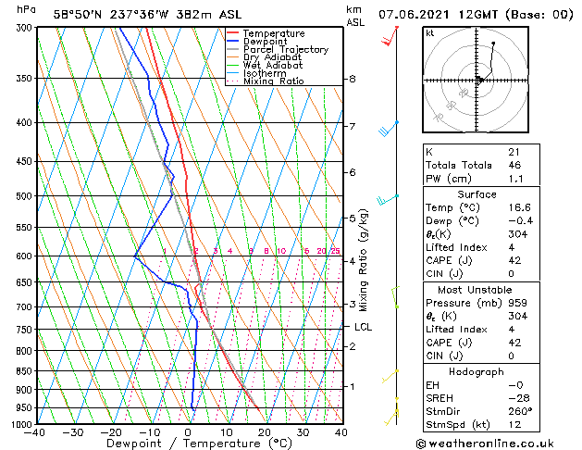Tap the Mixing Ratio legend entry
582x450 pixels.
point(273,81)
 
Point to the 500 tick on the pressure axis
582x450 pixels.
point(25,196)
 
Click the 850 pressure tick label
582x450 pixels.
point(25,371)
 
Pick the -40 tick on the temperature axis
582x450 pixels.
point(35,432)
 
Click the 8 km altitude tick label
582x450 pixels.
point(353,80)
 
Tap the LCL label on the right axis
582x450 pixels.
point(364,327)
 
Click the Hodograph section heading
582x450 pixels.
point(477,371)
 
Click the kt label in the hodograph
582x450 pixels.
point(429,32)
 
